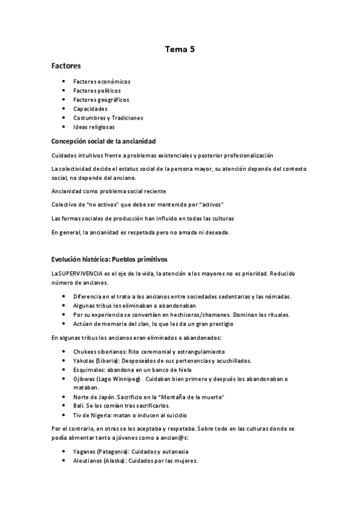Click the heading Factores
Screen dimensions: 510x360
(x=66, y=66)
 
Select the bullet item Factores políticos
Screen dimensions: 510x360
(x=97, y=90)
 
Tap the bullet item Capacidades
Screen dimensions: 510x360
(x=90, y=109)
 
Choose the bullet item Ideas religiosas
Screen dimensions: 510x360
(x=94, y=127)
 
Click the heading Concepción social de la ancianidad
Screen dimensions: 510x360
(x=103, y=141)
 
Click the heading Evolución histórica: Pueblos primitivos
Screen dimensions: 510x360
(x=109, y=259)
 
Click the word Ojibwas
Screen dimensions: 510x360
(x=85, y=379)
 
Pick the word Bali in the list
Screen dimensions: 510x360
(x=78, y=406)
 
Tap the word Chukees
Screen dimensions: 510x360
(x=87, y=351)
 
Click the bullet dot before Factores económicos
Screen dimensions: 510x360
(x=64, y=81)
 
